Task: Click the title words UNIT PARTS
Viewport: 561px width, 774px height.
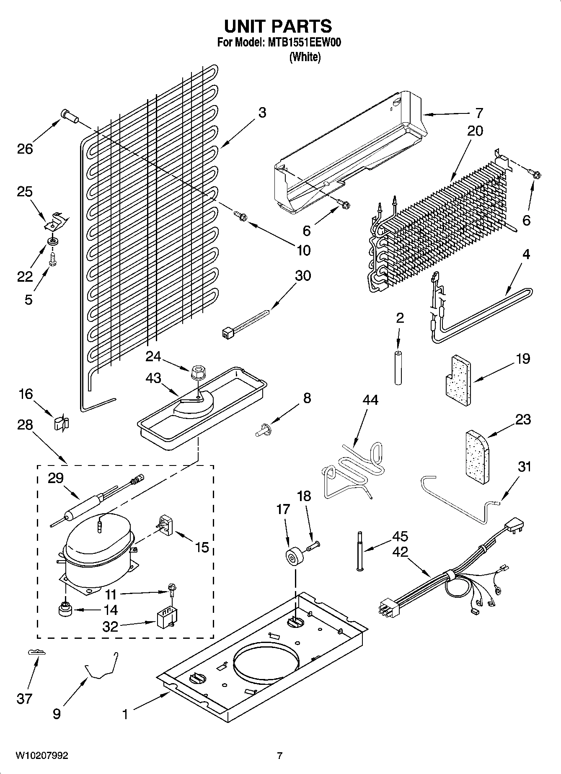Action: (278, 26)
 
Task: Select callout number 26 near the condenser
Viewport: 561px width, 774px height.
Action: (25, 149)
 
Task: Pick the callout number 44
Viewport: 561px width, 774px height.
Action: (370, 400)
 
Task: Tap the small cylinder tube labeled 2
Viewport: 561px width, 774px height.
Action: (398, 368)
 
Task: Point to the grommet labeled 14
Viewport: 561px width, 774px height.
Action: (65, 609)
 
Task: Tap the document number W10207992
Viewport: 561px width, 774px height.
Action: (41, 756)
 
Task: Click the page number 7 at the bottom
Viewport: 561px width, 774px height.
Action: (279, 756)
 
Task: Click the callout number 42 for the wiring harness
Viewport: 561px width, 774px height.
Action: (401, 552)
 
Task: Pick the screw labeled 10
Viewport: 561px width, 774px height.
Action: (241, 216)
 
